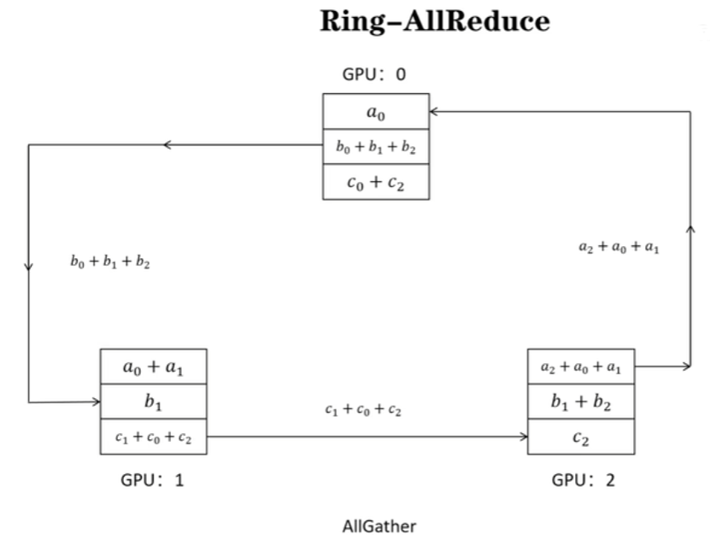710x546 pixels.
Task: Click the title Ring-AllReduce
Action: pyautogui.click(x=435, y=22)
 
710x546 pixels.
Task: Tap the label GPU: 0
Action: pyautogui.click(x=374, y=74)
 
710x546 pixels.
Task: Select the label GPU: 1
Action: pyautogui.click(x=152, y=479)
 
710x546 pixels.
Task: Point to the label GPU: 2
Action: pyautogui.click(x=583, y=479)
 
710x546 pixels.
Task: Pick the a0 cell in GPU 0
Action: pyautogui.click(x=375, y=111)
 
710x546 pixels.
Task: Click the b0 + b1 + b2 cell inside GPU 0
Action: pyautogui.click(x=375, y=147)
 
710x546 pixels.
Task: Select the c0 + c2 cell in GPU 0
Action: pyautogui.click(x=375, y=182)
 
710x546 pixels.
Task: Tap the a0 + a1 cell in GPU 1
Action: pyautogui.click(x=153, y=367)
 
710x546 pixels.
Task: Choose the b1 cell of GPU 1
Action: pyautogui.click(x=153, y=402)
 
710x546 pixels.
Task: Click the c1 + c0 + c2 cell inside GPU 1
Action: pyautogui.click(x=153, y=437)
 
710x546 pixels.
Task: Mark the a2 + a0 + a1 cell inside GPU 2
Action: pyautogui.click(x=581, y=367)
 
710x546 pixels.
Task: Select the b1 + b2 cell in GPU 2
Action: pyautogui.click(x=581, y=402)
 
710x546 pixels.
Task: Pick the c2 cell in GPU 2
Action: pyautogui.click(x=581, y=437)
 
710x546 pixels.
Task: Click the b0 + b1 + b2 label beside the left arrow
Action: pyautogui.click(x=110, y=262)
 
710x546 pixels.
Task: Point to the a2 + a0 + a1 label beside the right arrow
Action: pyautogui.click(x=618, y=247)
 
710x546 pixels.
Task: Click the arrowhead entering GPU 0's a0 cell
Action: pyautogui.click(x=434, y=111)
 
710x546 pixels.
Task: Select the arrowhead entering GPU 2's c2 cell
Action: pyautogui.click(x=523, y=437)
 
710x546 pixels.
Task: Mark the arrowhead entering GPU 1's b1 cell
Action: pyautogui.click(x=96, y=402)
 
